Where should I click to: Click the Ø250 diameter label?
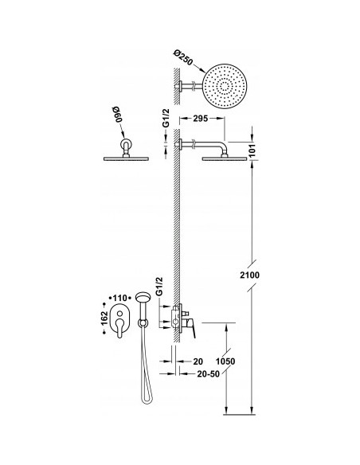[x=183, y=58]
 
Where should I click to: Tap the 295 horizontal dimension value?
[x=201, y=119]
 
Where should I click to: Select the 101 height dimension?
[x=252, y=151]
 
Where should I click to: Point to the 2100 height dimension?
[x=249, y=275]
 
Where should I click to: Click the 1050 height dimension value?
[x=225, y=361]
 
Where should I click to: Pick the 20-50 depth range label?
[x=209, y=374]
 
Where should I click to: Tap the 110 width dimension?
[x=119, y=298]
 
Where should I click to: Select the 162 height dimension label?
[x=104, y=318]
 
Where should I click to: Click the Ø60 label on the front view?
[x=119, y=115]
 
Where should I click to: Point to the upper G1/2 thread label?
[x=166, y=118]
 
